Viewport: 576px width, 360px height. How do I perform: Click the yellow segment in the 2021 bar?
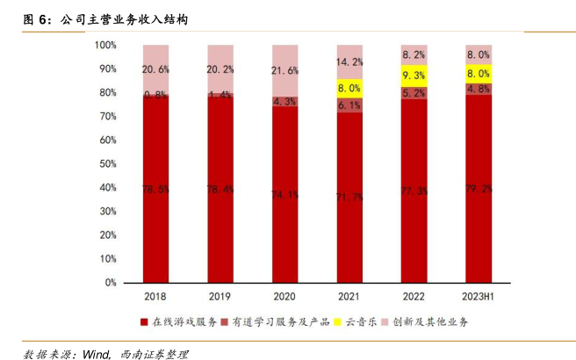[x=349, y=88]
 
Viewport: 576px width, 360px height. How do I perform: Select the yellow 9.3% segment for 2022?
[x=414, y=76]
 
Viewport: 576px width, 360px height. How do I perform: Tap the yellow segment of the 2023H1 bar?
[x=479, y=74]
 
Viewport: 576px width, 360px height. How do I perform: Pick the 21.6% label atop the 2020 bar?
[x=285, y=70]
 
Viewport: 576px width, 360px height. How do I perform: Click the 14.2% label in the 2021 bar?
[x=349, y=61]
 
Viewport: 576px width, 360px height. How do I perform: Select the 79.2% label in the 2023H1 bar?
[x=479, y=188]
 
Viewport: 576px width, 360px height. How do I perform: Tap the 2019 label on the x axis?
[x=220, y=297]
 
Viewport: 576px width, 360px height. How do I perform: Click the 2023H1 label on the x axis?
[x=479, y=297]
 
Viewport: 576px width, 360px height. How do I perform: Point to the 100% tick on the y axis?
[x=105, y=45]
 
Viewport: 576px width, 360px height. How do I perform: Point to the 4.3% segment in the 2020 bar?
[x=285, y=102]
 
